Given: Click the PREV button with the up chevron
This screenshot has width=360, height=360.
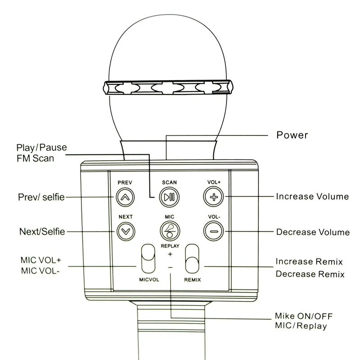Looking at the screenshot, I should coord(126,196).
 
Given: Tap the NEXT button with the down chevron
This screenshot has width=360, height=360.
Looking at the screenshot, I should coord(126,231).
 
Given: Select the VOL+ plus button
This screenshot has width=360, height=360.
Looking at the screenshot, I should coord(214,196).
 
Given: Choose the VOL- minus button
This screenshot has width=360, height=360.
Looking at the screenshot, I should coord(214,231).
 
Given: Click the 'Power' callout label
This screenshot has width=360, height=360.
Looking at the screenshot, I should coord(292,135).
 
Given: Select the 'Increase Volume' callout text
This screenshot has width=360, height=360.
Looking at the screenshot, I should coord(312,196).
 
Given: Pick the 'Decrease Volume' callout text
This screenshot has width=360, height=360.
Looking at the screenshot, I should coord(313,232).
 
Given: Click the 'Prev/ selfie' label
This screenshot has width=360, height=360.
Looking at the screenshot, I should coord(41,197).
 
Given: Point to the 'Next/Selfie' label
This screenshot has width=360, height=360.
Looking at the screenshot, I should coord(42,231).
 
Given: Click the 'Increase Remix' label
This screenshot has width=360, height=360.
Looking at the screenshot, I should coord(309,261).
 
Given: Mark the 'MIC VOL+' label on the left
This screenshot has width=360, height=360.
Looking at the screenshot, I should coord(40,260).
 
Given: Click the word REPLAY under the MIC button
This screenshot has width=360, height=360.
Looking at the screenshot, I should coord(170,246).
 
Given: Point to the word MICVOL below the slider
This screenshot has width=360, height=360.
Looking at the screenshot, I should coord(148,280).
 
